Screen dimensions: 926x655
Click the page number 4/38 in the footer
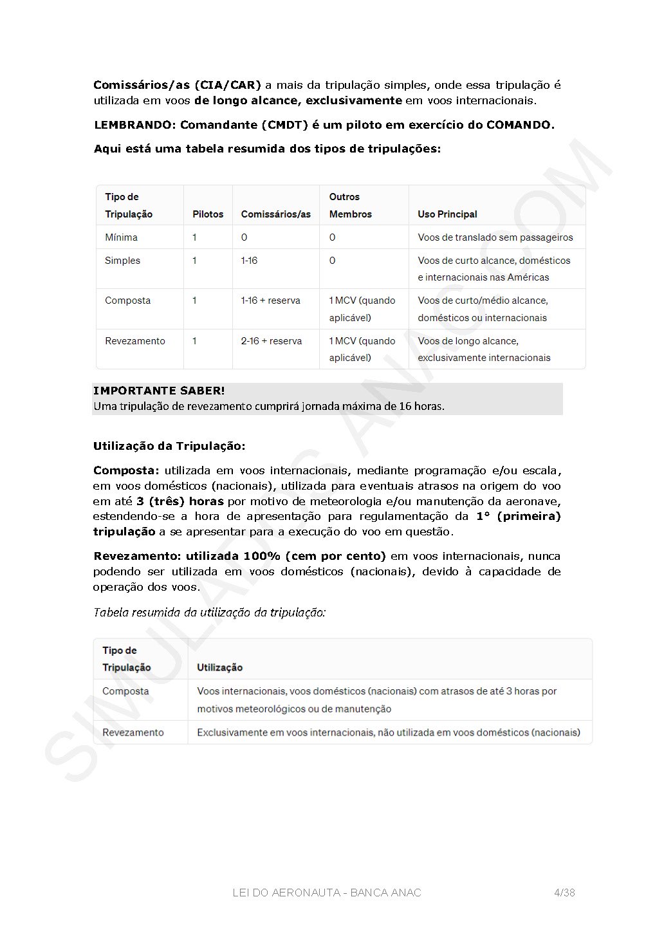[x=564, y=893]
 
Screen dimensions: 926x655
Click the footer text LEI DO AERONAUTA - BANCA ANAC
[x=327, y=893]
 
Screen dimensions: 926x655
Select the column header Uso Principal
[x=447, y=214]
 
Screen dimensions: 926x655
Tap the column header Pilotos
[x=208, y=214]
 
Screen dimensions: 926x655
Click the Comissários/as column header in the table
[x=275, y=214]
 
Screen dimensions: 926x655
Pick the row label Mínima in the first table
[x=121, y=237]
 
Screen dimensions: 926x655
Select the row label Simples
[x=122, y=261]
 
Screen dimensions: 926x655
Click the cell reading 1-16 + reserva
[x=270, y=301]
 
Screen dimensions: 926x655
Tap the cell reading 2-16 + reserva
[x=271, y=341]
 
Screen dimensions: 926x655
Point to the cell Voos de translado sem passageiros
[x=495, y=237]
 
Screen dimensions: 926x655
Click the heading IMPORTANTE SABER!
[x=159, y=391]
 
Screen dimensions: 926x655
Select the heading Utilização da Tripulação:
[x=169, y=446]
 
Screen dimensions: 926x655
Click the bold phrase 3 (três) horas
[x=180, y=501]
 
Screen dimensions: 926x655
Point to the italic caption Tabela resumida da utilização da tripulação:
[x=210, y=612]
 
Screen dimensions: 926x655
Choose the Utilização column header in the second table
[x=219, y=667]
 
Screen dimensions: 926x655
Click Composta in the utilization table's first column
[x=125, y=691]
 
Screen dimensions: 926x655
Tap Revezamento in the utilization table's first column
[x=133, y=732]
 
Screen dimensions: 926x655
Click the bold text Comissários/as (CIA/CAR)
[x=177, y=85]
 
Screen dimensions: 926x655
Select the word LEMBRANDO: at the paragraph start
[x=134, y=125]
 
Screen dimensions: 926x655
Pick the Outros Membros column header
[x=350, y=206]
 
